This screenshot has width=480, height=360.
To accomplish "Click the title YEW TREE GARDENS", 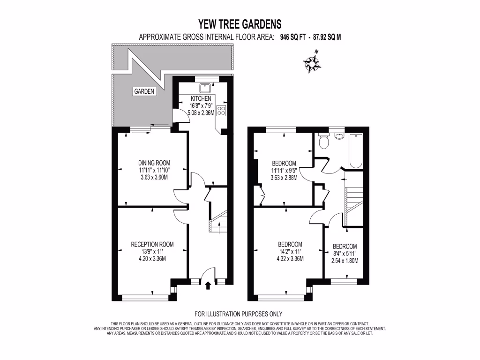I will pyautogui.click(x=240, y=24).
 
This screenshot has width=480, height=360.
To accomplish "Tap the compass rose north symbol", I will pyautogui.click(x=312, y=63).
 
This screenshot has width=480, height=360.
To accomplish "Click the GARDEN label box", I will pyautogui.click(x=144, y=92).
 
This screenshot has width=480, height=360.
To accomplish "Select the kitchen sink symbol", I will pyautogui.click(x=205, y=88).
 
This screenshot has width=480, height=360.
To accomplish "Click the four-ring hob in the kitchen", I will pyautogui.click(x=222, y=111).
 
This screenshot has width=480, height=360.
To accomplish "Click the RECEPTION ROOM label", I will pyautogui.click(x=152, y=244).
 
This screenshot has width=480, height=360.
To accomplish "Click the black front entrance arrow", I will pyautogui.click(x=208, y=285).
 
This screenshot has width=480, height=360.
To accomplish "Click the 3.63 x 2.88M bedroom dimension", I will pyautogui.click(x=284, y=178).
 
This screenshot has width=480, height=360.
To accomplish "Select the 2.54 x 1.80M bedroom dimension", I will pyautogui.click(x=345, y=261).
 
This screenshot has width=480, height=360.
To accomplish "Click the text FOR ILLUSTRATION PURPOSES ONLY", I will pyautogui.click(x=238, y=314).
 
